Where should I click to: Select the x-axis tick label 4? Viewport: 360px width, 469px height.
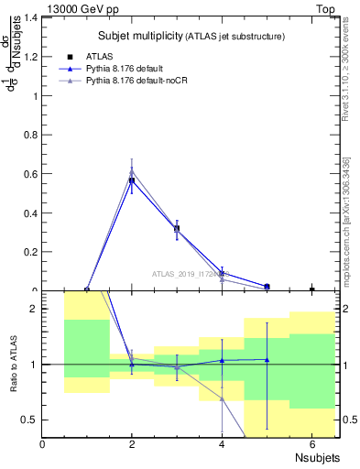(222, 444)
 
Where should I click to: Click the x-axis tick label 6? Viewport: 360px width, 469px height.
(311, 444)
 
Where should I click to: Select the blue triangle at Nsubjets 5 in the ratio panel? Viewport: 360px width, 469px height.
(267, 359)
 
